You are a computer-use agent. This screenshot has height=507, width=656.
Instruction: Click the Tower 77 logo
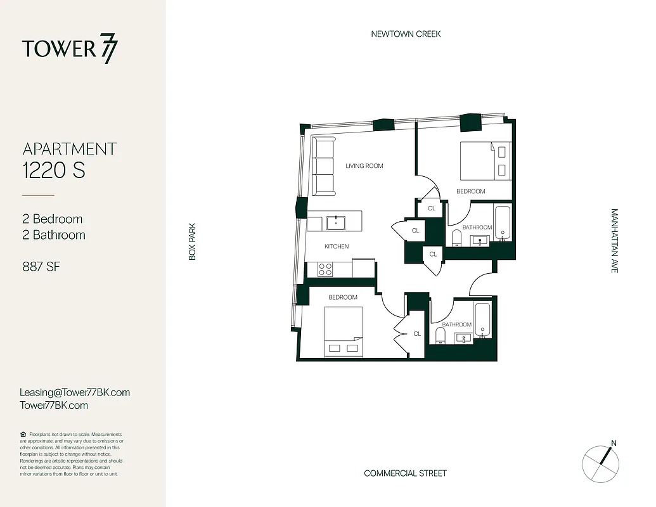coord(70,49)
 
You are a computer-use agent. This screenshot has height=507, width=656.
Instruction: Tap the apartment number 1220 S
coord(54,170)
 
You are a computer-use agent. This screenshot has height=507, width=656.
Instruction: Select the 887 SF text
coord(41,267)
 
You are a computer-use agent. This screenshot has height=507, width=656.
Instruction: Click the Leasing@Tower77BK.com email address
coord(75,392)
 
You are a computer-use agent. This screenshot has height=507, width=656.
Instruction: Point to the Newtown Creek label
coord(406,34)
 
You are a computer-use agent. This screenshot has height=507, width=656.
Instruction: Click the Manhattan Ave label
coord(614,241)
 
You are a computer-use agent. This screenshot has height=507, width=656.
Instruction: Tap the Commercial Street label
coord(405,473)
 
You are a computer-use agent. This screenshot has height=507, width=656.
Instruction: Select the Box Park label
coord(193,241)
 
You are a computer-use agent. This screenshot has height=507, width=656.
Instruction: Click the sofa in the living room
coord(323,166)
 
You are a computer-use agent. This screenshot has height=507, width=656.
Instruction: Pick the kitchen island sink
coord(335,222)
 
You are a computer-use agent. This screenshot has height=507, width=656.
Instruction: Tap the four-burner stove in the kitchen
coord(325,269)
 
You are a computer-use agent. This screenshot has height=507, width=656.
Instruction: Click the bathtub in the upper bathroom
coord(503,223)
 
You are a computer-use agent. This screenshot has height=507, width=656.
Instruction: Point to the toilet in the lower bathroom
coord(442,334)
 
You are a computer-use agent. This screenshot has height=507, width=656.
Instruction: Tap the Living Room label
coord(364,166)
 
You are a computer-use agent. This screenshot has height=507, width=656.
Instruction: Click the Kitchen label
coord(337,247)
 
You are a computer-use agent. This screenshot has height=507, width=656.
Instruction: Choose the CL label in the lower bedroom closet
coord(417,333)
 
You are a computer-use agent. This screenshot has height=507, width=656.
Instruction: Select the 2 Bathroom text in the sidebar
coord(54,235)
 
